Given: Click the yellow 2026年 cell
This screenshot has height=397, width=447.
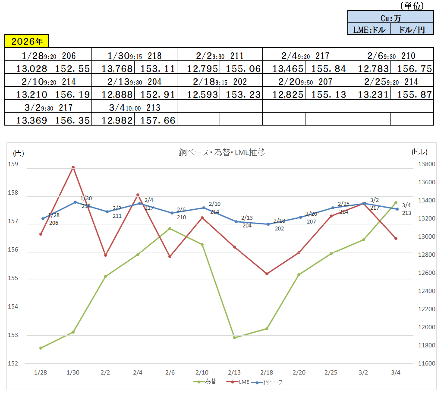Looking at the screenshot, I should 27,41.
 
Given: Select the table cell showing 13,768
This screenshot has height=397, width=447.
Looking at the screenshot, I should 113,69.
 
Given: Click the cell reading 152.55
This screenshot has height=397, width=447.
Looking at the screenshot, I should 70,69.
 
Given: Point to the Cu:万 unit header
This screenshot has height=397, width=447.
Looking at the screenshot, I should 390,18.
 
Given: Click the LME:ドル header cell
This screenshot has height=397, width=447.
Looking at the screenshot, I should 369,29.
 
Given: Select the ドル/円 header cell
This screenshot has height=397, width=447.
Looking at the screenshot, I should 412,29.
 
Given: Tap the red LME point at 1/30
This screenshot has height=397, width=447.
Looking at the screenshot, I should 73,167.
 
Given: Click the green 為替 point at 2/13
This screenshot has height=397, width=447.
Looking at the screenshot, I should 234,337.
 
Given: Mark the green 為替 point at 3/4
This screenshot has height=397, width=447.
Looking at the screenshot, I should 396,202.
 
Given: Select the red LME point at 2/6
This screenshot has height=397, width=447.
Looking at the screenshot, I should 170,257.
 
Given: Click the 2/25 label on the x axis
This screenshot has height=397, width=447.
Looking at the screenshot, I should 331,372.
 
